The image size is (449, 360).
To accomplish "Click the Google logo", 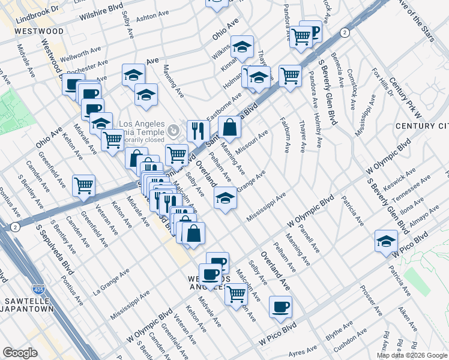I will tap(20, 353).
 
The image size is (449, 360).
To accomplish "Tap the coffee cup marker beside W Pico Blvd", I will tap(280, 307).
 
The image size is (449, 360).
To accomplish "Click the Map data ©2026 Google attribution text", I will tap(411, 355).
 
